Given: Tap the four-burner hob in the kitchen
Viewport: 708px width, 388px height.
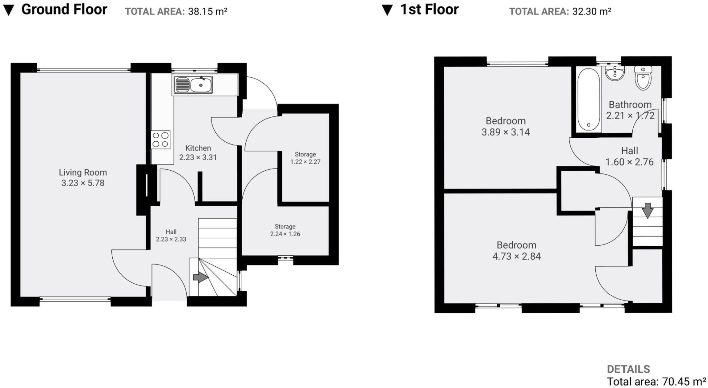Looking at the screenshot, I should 160,140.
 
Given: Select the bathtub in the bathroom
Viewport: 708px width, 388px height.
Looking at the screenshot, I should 588,99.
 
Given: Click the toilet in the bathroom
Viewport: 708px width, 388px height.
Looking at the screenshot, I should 643,79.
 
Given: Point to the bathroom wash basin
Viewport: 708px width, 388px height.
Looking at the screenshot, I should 615,74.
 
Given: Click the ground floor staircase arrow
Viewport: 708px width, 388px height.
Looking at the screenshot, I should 201,277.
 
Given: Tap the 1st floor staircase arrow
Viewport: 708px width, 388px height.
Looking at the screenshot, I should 648,210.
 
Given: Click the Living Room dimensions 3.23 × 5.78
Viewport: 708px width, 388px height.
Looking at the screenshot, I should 83,183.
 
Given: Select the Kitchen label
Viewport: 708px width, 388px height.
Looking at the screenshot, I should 198,148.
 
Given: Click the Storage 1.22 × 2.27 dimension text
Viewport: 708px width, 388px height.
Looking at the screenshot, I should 305,162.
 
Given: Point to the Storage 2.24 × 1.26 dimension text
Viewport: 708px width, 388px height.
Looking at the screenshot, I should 285,234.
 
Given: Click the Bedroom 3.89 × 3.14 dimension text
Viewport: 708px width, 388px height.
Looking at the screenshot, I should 505,132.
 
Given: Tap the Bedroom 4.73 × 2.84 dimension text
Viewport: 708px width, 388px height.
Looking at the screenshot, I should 516,256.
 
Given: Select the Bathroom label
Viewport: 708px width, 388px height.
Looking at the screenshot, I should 630,104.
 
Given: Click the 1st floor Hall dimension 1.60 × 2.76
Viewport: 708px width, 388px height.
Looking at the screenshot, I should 629,162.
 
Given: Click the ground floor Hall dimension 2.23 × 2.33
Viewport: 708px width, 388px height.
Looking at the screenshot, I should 171,239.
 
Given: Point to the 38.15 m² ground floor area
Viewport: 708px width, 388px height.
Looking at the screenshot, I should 207,11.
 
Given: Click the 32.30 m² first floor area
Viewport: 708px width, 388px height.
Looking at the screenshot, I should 591,11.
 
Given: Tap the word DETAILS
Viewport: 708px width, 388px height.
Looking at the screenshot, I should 628,369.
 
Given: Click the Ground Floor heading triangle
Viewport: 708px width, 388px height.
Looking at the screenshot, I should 8,10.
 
